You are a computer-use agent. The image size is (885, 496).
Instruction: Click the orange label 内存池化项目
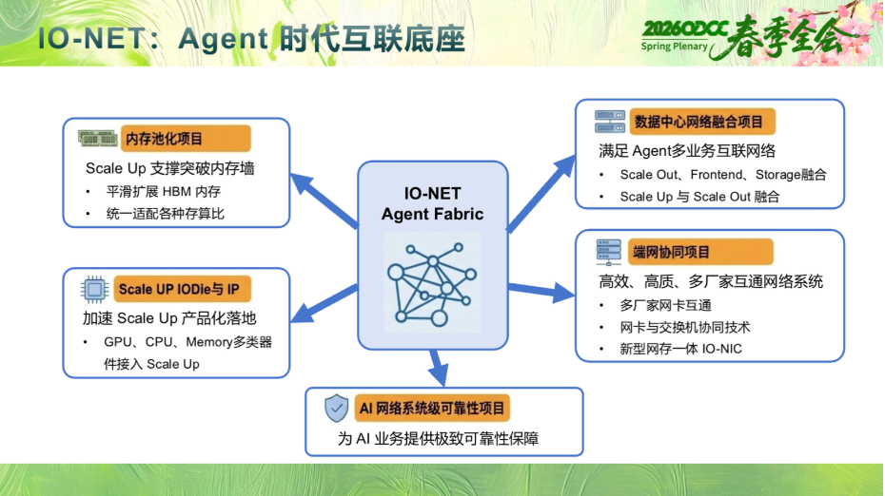186,139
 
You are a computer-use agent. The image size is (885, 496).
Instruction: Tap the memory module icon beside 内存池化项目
98,138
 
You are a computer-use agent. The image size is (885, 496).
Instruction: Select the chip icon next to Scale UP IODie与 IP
94,290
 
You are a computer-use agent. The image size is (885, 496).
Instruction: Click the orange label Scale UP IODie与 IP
182,289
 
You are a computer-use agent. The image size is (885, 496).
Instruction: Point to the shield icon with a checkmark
336,408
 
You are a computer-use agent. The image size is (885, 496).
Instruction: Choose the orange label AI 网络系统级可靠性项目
432,408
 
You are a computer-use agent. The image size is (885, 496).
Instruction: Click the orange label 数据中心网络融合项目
702,122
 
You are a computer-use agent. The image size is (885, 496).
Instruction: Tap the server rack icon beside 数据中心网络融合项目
610,122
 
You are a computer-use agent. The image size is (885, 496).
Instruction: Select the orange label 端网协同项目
700,252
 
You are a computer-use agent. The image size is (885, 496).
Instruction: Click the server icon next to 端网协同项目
608,252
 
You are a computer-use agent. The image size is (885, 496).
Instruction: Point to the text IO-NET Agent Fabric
432,203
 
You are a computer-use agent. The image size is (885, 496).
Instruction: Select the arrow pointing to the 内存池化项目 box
324,200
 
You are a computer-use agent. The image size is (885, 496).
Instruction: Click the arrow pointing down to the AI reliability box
438,368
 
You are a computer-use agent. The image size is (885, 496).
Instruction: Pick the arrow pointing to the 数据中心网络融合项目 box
541,193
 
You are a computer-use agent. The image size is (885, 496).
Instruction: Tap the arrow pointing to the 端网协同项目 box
541,291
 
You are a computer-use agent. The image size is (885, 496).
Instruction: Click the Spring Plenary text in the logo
674,47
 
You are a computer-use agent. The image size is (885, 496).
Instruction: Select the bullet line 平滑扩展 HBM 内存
164,192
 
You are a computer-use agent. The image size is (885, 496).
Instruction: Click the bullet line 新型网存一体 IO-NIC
680,349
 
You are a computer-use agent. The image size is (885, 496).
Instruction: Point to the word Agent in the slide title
224,39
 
